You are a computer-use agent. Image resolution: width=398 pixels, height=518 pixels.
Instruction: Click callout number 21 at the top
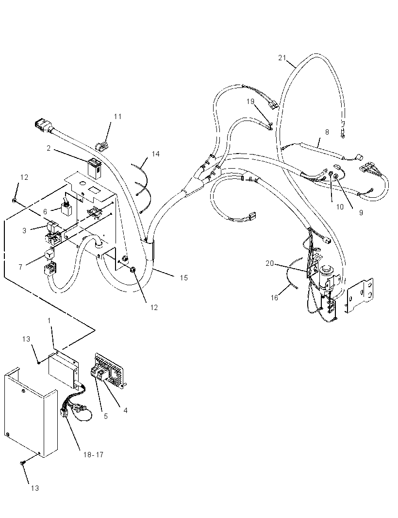282,58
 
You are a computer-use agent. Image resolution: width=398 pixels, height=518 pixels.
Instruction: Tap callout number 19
250,102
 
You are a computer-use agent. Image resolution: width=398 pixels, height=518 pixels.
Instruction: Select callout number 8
327,132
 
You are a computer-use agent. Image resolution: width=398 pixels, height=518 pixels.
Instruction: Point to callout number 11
118,117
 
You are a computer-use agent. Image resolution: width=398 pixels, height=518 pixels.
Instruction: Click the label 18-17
93,455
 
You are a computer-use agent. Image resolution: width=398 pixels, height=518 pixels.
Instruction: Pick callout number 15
184,278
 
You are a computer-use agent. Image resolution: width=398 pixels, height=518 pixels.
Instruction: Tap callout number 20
270,263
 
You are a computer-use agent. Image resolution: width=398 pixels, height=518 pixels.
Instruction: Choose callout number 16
275,298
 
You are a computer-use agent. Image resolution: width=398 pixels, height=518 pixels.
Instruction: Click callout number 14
155,154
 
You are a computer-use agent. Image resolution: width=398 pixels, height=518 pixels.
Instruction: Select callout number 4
125,410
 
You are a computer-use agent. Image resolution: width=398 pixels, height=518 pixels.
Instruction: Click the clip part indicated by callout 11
101,146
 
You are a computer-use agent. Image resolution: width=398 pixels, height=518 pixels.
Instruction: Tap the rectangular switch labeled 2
95,169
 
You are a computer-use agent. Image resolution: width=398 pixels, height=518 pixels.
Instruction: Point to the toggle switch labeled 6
66,208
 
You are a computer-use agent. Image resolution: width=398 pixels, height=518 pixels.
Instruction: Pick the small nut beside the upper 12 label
15,200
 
